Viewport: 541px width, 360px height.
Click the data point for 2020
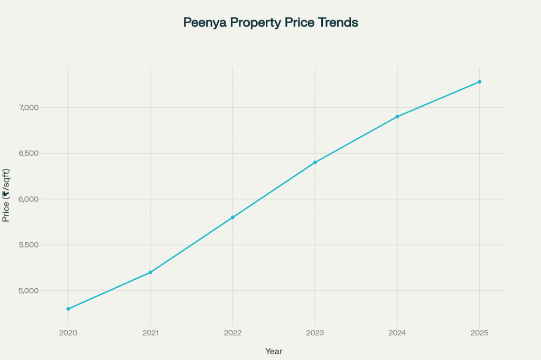pyautogui.click(x=68, y=309)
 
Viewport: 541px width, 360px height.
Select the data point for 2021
pyautogui.click(x=151, y=272)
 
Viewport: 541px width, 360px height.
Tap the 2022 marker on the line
pyautogui.click(x=232, y=217)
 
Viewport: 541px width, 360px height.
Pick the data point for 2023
pyautogui.click(x=315, y=163)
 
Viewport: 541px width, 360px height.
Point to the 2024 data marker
pyautogui.click(x=397, y=117)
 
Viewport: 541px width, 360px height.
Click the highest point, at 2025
pyautogui.click(x=480, y=82)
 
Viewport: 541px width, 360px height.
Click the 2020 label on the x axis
pyautogui.click(x=68, y=334)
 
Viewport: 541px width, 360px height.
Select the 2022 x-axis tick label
pyautogui.click(x=232, y=334)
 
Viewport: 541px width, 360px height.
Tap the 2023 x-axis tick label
pyautogui.click(x=315, y=334)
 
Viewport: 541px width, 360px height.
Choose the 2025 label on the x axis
pyautogui.click(x=480, y=334)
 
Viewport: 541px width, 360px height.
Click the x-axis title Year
pyautogui.click(x=274, y=350)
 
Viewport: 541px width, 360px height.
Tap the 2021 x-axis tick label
pyautogui.click(x=151, y=334)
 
